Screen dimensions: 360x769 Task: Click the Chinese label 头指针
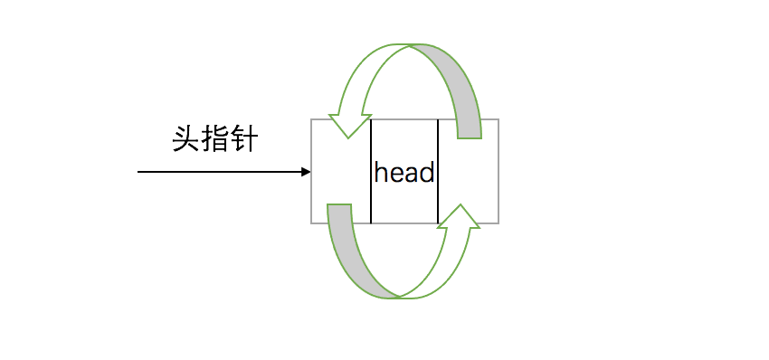click(x=215, y=140)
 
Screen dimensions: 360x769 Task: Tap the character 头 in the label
click(x=186, y=140)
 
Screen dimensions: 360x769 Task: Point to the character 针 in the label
click(x=244, y=140)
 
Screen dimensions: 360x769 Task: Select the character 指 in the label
click(x=215, y=140)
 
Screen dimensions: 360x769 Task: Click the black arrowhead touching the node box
click(x=306, y=171)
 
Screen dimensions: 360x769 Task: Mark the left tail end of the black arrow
click(x=138, y=171)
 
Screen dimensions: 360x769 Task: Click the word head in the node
click(x=404, y=172)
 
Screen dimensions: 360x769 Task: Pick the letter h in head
click(x=381, y=172)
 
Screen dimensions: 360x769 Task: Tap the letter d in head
click(x=428, y=172)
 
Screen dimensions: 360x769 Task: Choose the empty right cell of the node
click(x=468, y=171)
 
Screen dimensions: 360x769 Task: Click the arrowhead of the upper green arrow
click(x=349, y=125)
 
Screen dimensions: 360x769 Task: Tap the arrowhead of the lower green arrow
click(x=460, y=217)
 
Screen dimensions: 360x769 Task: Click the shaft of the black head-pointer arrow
click(x=217, y=171)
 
